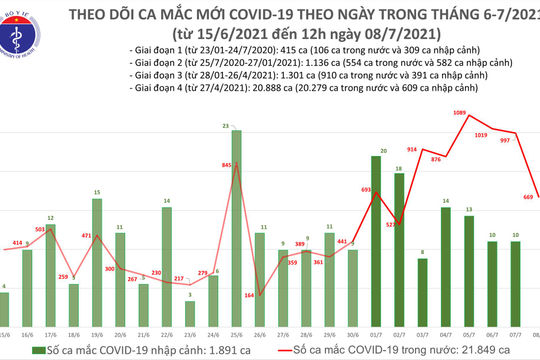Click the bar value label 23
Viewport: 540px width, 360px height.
[227, 126]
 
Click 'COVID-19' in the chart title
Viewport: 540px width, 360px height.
[294, 13]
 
